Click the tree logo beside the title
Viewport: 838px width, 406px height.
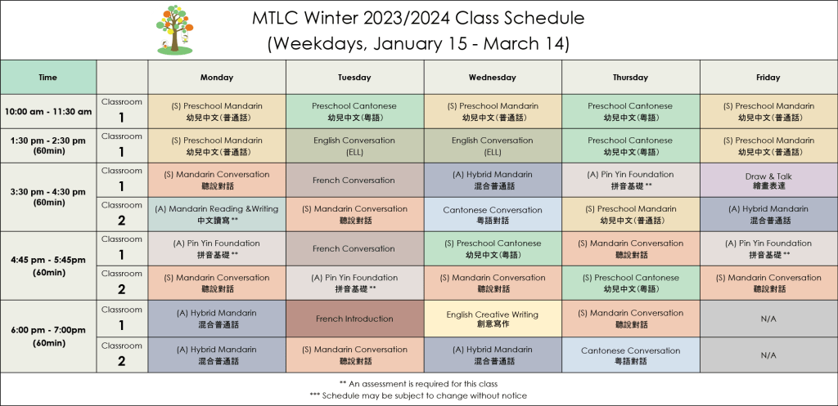pos(174,30)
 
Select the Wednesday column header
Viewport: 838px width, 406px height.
pos(493,78)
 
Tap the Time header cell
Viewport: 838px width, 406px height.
pos(48,78)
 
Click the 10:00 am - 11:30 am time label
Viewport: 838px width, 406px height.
pos(48,111)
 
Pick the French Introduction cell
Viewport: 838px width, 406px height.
pos(355,319)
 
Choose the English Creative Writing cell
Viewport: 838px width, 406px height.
pos(493,319)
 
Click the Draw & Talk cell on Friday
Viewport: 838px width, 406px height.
pos(768,181)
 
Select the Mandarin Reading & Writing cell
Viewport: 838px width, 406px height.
pos(217,215)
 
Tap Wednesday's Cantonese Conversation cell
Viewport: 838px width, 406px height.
pos(493,215)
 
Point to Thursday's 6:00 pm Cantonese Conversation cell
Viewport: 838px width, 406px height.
pos(631,355)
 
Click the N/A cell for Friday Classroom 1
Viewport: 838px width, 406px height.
pos(768,319)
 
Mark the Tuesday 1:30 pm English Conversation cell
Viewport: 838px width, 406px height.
pos(355,145)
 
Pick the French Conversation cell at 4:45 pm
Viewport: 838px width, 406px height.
pos(355,248)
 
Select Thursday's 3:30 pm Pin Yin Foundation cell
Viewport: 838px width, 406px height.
pos(631,181)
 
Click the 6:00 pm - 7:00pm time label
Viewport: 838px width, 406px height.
pos(48,337)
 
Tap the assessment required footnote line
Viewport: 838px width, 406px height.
pos(418,384)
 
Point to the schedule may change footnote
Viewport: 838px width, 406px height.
pos(418,395)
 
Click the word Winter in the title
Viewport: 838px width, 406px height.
pos(327,18)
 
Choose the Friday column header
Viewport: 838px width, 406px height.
pos(768,78)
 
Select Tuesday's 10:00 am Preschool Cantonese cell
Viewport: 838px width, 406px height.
pos(355,111)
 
